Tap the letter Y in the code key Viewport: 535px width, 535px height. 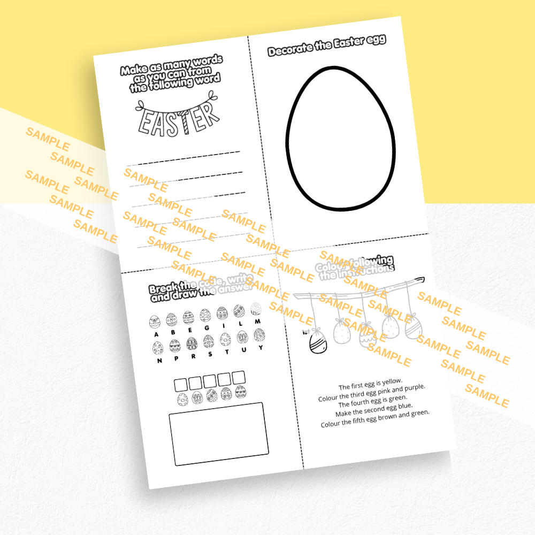(x=261, y=348)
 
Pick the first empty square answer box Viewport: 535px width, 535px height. (x=181, y=384)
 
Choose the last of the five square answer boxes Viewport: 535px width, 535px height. (x=239, y=377)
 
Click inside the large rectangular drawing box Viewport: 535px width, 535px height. (x=218, y=433)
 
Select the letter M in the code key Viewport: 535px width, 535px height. (x=257, y=322)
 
